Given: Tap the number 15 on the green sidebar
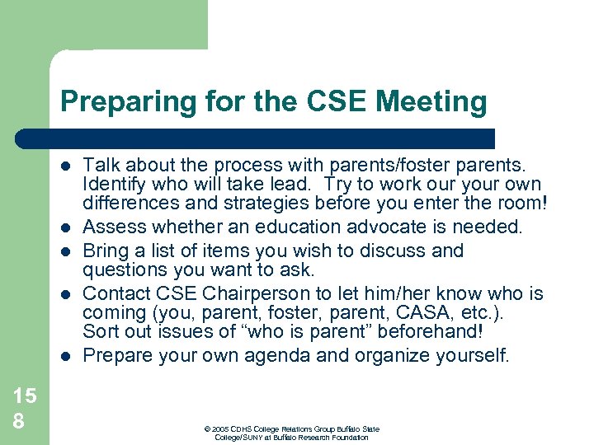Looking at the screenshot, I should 25,396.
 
